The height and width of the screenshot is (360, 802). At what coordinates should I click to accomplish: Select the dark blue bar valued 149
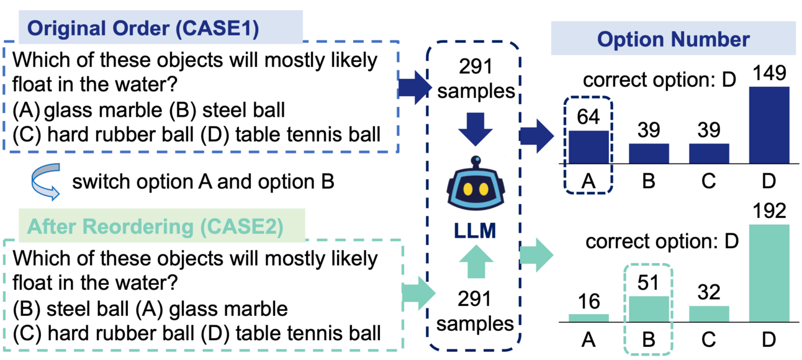pyautogui.click(x=768, y=124)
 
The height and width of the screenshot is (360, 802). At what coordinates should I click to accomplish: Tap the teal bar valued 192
pyautogui.click(x=768, y=273)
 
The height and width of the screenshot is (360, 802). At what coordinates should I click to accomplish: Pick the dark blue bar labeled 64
pyautogui.click(x=588, y=146)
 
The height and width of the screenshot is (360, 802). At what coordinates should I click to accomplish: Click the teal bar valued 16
pyautogui.click(x=588, y=318)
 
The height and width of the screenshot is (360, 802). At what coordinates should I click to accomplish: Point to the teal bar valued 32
pyautogui.click(x=710, y=314)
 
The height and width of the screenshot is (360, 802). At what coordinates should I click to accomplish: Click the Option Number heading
pyautogui.click(x=674, y=40)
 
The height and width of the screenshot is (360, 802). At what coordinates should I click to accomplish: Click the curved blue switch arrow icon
pyautogui.click(x=45, y=181)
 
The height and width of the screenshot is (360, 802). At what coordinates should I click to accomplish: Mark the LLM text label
pyautogui.click(x=475, y=232)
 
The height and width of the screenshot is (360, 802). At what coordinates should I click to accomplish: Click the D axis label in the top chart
pyautogui.click(x=768, y=181)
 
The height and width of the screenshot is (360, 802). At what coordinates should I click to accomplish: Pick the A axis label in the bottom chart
pyautogui.click(x=588, y=340)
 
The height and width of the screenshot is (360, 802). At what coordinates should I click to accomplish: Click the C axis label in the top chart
pyautogui.click(x=710, y=181)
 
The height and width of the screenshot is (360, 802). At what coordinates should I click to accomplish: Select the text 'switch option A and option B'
pyautogui.click(x=203, y=182)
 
